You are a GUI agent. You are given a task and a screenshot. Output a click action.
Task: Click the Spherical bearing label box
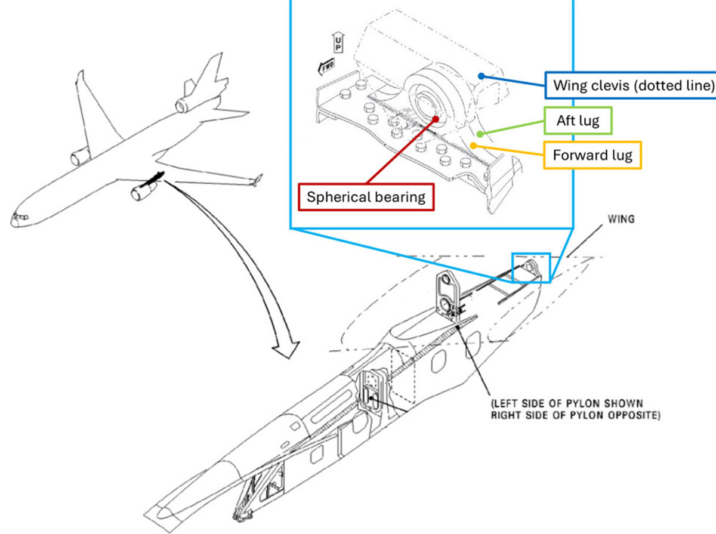[366, 197]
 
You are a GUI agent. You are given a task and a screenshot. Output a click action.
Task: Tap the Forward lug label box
[592, 156]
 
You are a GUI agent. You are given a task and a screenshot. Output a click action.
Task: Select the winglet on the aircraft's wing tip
[258, 180]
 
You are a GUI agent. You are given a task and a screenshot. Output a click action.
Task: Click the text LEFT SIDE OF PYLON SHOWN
[566, 403]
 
